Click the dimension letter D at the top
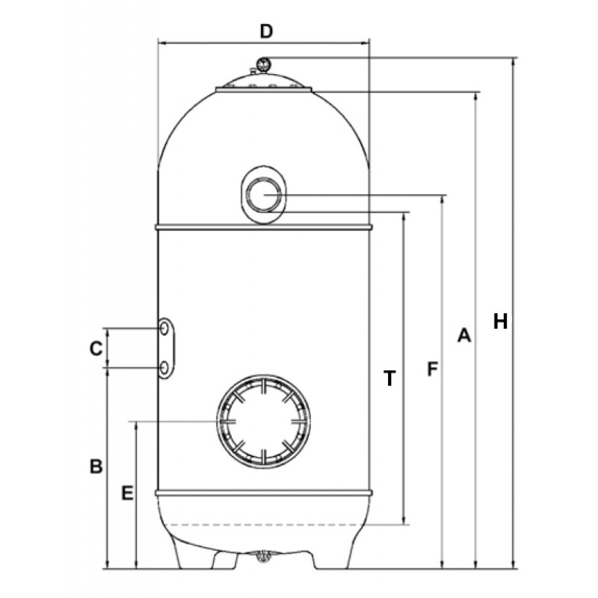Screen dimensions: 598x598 click(x=267, y=31)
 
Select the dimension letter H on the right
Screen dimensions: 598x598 click(x=500, y=321)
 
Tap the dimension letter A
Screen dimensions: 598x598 click(x=464, y=335)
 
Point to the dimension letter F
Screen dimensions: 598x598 click(x=432, y=369)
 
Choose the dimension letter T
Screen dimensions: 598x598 click(x=389, y=378)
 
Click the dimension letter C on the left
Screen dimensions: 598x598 click(x=96, y=348)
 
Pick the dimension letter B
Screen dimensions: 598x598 click(x=96, y=466)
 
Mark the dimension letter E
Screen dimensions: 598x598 click(x=127, y=493)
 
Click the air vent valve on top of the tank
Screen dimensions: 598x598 click(x=263, y=64)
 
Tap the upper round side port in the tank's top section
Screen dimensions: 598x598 click(x=264, y=195)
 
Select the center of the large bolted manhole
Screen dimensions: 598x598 click(x=263, y=422)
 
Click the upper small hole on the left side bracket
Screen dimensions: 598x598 click(x=164, y=328)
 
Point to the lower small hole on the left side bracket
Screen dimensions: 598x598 click(x=164, y=368)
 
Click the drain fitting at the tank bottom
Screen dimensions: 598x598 click(x=262, y=555)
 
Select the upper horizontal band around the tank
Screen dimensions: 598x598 click(x=264, y=227)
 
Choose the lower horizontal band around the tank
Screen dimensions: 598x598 click(x=264, y=493)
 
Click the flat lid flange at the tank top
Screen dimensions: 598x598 click(x=264, y=90)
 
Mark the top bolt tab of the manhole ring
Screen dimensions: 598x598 click(x=263, y=385)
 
